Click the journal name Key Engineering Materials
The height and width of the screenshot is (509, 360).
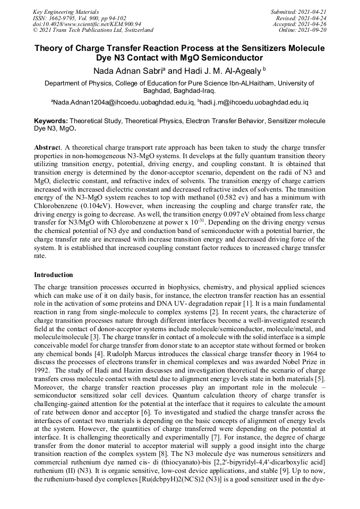point(66,11)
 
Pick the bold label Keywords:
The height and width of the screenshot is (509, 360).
point(51,121)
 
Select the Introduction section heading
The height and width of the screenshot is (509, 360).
point(54,275)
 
